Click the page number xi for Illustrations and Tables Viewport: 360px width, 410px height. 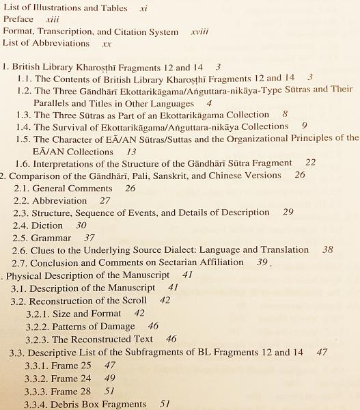click(x=143, y=8)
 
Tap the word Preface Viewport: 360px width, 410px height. click(x=18, y=20)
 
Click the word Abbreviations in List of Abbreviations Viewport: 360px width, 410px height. click(x=64, y=44)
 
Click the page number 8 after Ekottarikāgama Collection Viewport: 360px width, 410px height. click(x=284, y=114)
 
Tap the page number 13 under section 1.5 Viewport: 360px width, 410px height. click(x=131, y=152)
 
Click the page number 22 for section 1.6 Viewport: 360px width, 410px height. click(x=310, y=163)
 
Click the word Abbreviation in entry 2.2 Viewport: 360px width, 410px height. click(x=59, y=201)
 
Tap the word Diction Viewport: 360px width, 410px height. click(x=47, y=225)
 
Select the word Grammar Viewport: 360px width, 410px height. click(x=51, y=238)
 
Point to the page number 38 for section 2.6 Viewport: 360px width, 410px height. click(x=328, y=250)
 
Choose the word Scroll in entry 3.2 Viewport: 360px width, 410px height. click(x=133, y=300)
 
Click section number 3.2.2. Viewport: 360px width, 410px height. click(x=37, y=326)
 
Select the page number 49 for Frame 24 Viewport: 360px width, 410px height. click(x=110, y=378)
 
